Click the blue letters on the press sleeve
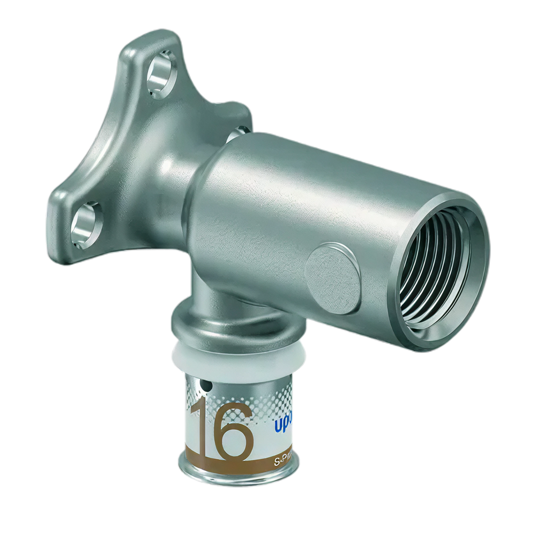283,427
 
